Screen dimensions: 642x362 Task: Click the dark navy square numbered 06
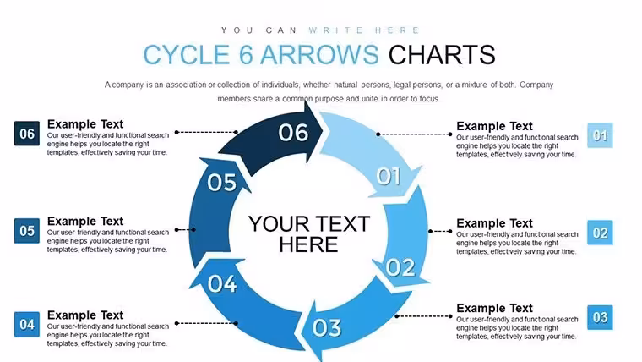27,134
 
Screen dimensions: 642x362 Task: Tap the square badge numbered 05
27,230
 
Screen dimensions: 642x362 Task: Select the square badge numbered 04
27,324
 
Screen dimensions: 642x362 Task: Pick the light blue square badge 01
600,135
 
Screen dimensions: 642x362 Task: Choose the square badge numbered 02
600,233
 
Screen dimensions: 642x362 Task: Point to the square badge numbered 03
600,317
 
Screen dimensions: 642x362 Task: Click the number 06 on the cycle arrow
293,133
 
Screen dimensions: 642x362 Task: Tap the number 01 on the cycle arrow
388,176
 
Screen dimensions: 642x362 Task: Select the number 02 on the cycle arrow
400,268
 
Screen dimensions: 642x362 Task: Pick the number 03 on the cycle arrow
327,328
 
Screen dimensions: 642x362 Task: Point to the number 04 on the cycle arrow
222,283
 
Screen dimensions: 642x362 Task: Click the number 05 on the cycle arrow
221,183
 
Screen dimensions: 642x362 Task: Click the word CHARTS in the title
442,55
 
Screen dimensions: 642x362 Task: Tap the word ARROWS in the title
319,55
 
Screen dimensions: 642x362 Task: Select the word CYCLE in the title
187,55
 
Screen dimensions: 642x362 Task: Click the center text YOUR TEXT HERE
309,234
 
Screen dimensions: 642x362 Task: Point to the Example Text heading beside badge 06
85,123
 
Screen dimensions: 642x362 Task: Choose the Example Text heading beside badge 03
495,308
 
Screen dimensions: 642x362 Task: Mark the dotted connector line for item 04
206,323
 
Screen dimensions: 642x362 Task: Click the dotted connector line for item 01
414,134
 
